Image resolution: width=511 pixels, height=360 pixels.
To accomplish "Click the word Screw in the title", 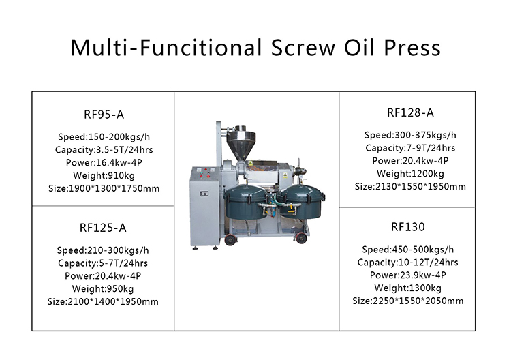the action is [x=303, y=48].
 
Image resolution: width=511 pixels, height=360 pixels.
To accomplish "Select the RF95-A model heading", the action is [x=104, y=115].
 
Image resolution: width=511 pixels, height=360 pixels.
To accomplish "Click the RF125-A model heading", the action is [x=103, y=228].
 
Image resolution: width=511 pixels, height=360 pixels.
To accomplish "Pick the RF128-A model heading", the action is [x=410, y=112].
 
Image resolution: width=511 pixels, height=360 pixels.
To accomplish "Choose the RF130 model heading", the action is [x=408, y=226].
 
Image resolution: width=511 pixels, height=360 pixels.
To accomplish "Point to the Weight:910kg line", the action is [x=104, y=175].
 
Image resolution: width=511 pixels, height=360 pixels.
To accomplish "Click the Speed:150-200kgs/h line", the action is [x=104, y=137].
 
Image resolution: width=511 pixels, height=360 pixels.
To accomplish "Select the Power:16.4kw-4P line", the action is [x=104, y=162].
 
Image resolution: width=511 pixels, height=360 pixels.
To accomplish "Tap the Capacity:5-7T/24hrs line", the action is [x=103, y=262].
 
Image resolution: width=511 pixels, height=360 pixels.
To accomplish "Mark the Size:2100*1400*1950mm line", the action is [x=103, y=301].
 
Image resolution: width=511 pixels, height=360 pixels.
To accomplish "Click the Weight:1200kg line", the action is [x=410, y=173].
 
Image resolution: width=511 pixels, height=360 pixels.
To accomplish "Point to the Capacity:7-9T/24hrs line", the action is [x=410, y=148].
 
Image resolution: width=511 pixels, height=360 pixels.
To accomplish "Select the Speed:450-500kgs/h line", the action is [x=408, y=250].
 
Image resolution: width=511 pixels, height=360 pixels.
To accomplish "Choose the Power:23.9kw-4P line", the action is [x=408, y=275].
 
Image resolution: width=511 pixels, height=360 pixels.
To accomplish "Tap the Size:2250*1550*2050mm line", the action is [x=408, y=301].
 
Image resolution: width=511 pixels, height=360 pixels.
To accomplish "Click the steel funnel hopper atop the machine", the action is [x=241, y=142].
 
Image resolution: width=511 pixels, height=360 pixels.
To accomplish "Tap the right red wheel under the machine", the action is [x=301, y=239].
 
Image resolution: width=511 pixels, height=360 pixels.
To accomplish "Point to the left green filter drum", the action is [x=247, y=202].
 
